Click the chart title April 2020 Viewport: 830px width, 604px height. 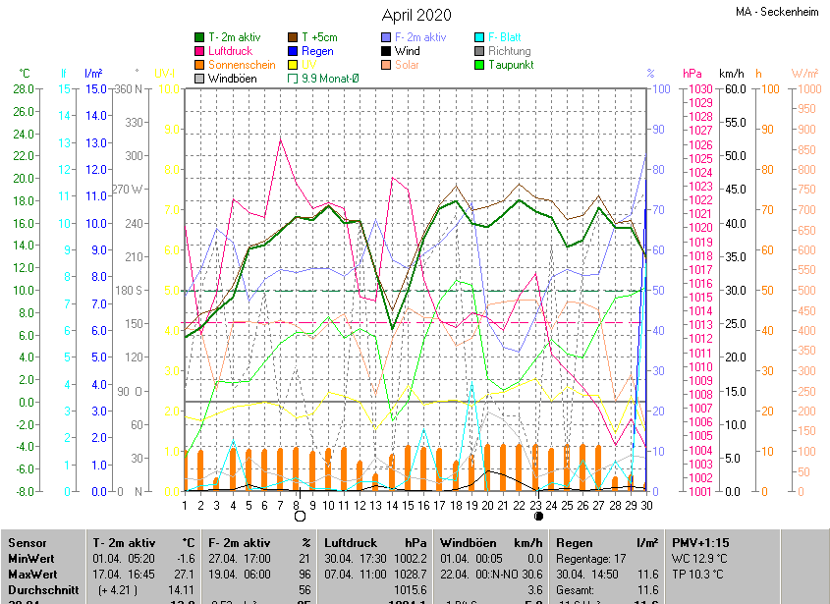[x=416, y=15]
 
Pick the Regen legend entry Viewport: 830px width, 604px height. [x=317, y=51]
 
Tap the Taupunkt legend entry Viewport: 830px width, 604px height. [x=511, y=65]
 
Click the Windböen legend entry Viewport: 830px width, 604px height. [x=231, y=79]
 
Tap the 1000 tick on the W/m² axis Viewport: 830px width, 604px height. [x=806, y=89]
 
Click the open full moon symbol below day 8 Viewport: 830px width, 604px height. [x=300, y=516]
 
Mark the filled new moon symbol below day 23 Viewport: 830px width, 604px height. [x=538, y=516]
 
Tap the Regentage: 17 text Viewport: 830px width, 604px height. [x=591, y=558]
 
